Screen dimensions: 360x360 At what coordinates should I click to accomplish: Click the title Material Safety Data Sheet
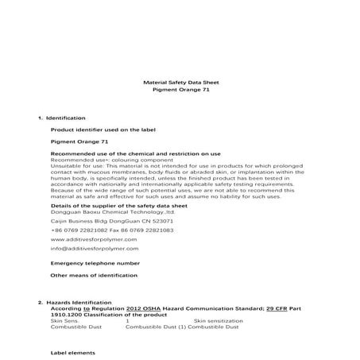point(180,82)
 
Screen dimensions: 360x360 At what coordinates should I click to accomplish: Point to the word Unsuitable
point(65,165)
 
